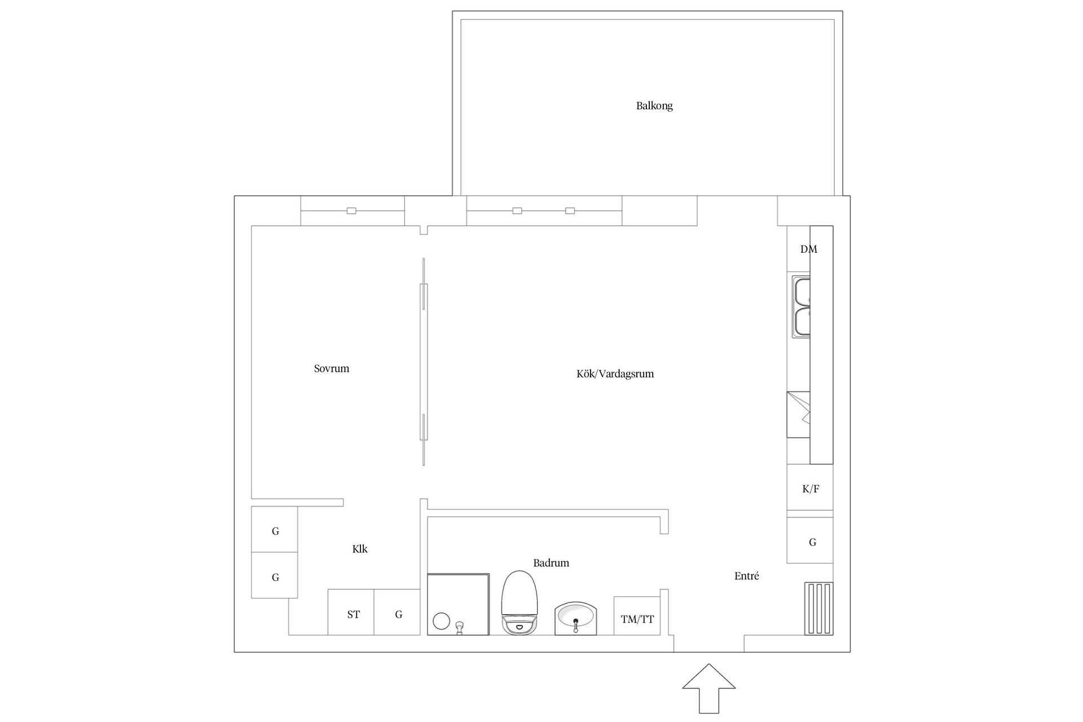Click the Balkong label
tap(654, 105)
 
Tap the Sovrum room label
tap(332, 368)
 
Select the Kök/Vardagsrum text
tap(615, 373)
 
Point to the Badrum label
tap(551, 562)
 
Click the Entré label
tap(746, 576)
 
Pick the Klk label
tap(360, 549)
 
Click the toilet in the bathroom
tap(520, 602)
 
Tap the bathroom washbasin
tap(575, 619)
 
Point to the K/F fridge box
tap(810, 488)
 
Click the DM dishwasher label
tap(808, 249)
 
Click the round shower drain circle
tap(441, 622)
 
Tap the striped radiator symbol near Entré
tap(818, 609)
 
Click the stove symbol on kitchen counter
tap(798, 415)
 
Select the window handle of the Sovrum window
tap(351, 211)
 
